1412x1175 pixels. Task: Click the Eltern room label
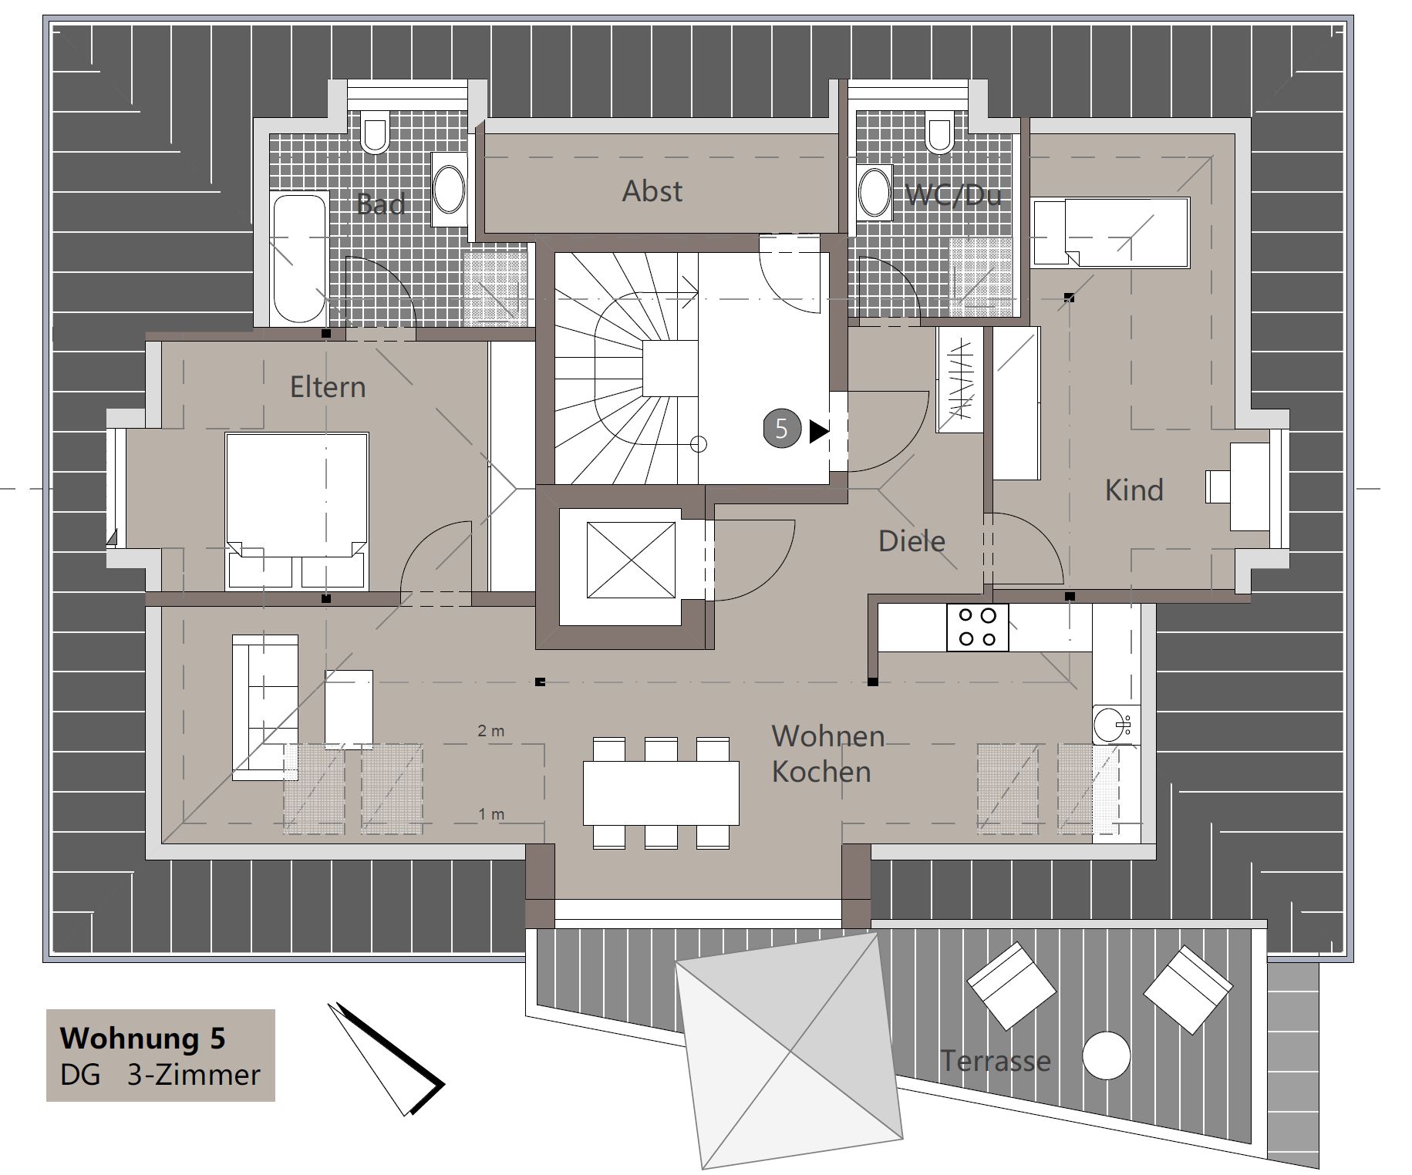(x=328, y=386)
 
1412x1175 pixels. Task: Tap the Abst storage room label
(x=652, y=191)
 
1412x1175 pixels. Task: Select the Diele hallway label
(x=912, y=540)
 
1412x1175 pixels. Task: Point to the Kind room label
(x=1134, y=490)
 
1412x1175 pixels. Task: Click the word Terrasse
(x=996, y=1061)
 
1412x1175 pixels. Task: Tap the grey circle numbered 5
(x=782, y=428)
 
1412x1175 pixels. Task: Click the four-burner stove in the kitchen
(x=978, y=627)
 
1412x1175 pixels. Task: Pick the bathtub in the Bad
(x=300, y=259)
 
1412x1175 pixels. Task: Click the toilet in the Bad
(x=376, y=133)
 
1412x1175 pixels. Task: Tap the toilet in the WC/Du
(x=940, y=133)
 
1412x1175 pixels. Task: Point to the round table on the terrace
(x=1107, y=1055)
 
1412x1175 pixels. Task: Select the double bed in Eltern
(x=297, y=511)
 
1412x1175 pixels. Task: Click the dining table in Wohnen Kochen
(x=661, y=793)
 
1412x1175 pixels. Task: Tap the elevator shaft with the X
(x=631, y=560)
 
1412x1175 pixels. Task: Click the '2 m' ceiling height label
(x=491, y=731)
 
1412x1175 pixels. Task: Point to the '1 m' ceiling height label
(x=491, y=814)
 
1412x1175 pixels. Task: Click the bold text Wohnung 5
(x=143, y=1038)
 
